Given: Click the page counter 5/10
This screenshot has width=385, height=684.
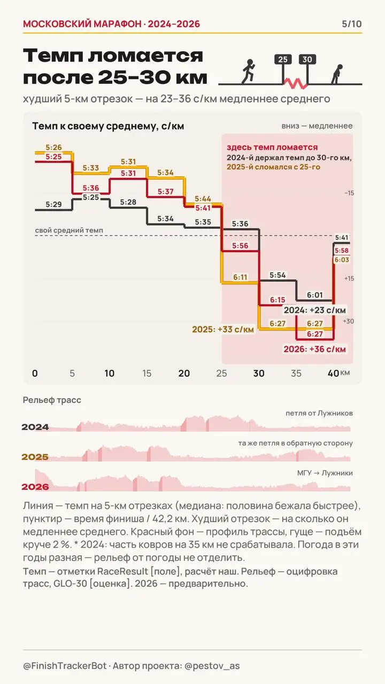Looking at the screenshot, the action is [352, 24].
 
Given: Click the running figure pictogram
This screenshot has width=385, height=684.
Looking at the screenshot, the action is [249, 71].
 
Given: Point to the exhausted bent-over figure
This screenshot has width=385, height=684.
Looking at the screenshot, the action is [337, 74].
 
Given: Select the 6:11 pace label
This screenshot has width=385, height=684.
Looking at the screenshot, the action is [240, 277].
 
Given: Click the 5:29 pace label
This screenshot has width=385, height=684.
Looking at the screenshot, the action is [53, 204].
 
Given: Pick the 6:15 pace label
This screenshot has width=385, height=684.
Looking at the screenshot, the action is [278, 300].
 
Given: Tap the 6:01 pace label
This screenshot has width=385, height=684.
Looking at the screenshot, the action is [315, 295].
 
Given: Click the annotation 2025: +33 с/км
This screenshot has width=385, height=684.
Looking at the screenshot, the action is [223, 330].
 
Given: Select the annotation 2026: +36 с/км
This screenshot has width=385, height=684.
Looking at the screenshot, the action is [314, 349].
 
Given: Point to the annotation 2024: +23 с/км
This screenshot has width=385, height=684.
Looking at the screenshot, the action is [315, 310].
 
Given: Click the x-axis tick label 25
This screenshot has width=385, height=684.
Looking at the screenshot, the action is [221, 373].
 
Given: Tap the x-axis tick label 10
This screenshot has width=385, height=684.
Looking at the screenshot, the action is [110, 373].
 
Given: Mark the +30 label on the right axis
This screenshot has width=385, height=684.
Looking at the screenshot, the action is [348, 321].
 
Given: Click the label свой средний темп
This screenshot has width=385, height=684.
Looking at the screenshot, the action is [69, 230].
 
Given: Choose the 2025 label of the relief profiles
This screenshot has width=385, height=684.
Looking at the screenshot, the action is [35, 457].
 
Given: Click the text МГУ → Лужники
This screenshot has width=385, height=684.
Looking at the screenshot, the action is [325, 473].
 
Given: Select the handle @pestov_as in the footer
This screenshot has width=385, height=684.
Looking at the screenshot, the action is [212, 666].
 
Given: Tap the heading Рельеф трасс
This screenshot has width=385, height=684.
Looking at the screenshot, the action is [52, 400].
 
